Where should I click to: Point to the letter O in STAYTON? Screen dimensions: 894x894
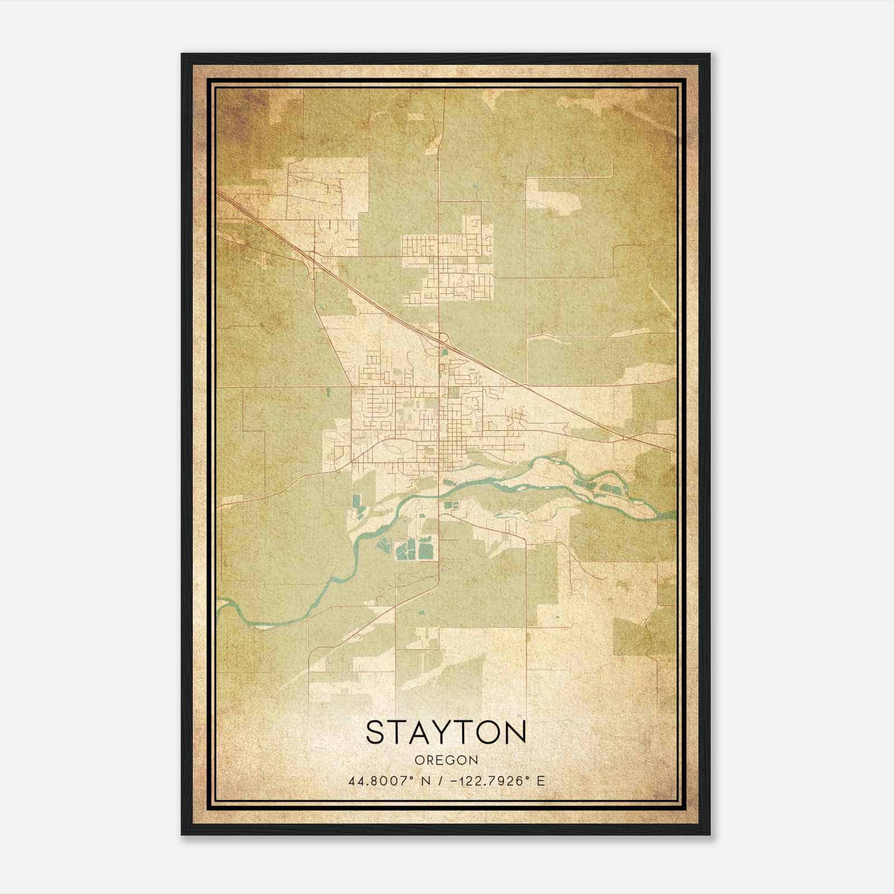(488, 733)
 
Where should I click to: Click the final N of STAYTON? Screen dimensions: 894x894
(515, 733)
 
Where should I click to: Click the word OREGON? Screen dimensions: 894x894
(446, 760)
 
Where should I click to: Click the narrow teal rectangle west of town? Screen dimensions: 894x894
(328, 392)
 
